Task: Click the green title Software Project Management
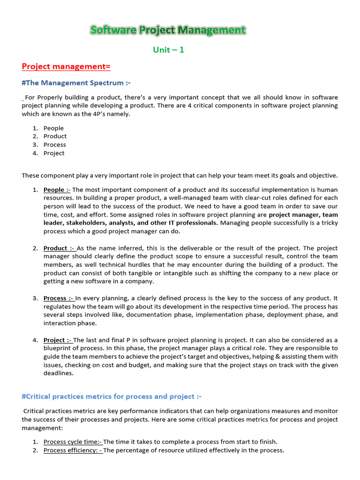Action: [168, 30]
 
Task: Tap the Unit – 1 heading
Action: [168, 50]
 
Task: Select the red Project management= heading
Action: [66, 67]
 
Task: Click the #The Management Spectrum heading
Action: [76, 83]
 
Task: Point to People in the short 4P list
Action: [53, 128]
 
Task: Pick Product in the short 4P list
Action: [55, 136]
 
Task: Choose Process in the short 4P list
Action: [54, 145]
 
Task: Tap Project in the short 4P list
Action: [54, 153]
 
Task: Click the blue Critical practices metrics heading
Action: [112, 397]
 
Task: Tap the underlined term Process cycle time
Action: [73, 442]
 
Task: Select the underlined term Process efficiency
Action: [73, 450]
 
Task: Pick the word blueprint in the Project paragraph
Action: [59, 348]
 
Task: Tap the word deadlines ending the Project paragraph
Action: [59, 374]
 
